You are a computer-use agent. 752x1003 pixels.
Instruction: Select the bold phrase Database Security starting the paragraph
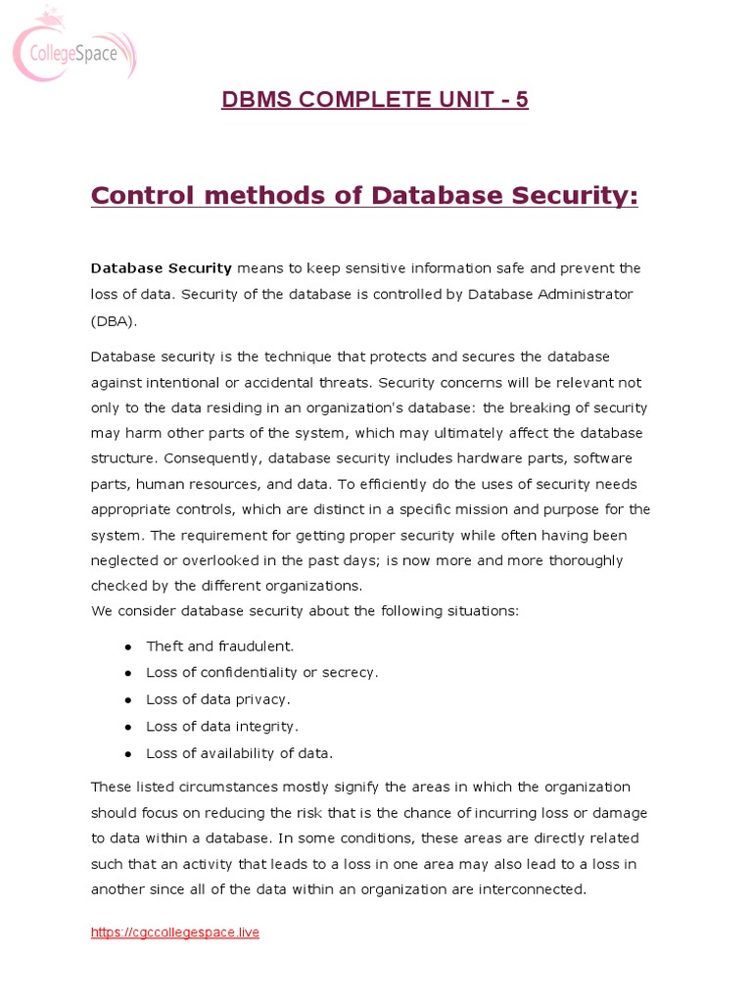(162, 268)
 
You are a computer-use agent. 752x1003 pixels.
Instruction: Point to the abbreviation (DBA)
(115, 319)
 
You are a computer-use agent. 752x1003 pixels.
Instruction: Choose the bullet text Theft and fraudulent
(219, 646)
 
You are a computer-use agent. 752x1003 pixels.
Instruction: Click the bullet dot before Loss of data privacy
(128, 700)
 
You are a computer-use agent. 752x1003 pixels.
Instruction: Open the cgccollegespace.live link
(175, 932)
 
